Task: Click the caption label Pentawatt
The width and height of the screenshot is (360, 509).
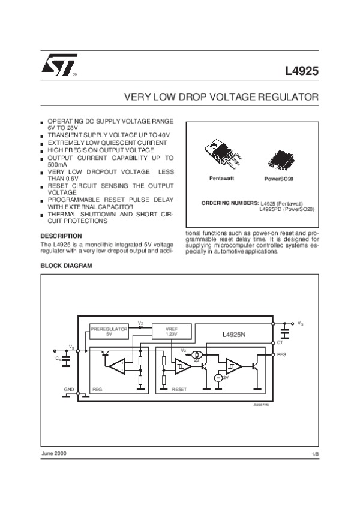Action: point(221,179)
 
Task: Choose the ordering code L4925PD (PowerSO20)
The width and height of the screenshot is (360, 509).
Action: point(286,209)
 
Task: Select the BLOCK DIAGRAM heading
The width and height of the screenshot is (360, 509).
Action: point(66,265)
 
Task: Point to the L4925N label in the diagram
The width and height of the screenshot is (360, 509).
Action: point(234,334)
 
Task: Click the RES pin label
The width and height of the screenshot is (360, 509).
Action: point(281,355)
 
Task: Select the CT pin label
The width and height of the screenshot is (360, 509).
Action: point(280,342)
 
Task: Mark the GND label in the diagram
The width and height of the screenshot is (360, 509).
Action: point(68,389)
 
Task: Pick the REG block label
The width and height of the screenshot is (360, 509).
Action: point(98,389)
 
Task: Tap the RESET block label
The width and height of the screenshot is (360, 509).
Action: point(179,389)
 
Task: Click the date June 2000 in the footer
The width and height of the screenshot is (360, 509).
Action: point(53,453)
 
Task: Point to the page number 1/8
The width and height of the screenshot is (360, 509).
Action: point(315,456)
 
